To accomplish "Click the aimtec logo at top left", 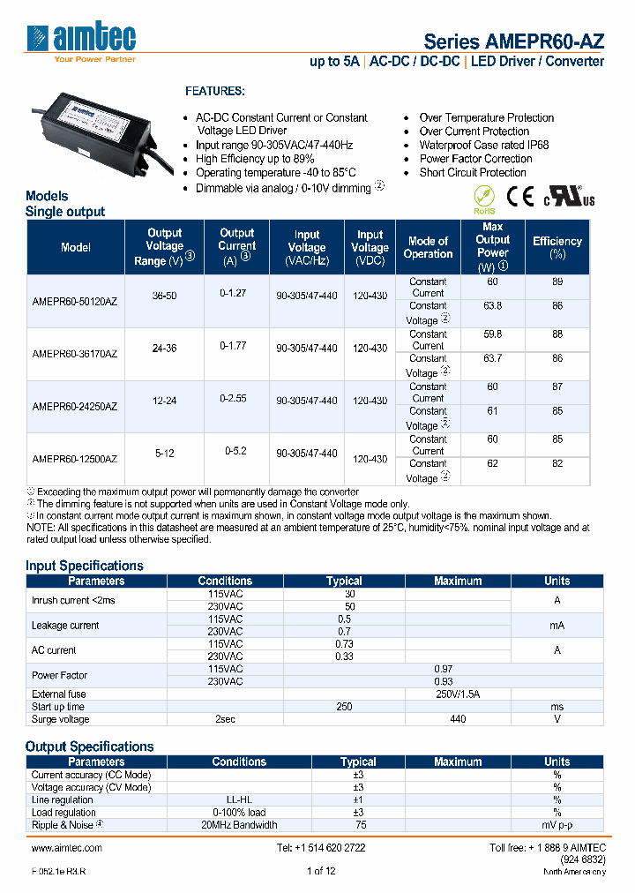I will (x=82, y=40).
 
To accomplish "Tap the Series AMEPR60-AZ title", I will (x=514, y=41).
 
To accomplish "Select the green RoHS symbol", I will (x=484, y=198).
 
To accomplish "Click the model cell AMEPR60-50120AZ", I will (x=75, y=301).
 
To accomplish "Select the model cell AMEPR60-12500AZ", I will (x=75, y=459).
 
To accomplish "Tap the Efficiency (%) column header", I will (x=557, y=247).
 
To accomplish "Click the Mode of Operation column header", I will (x=428, y=247).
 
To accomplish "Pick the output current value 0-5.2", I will (x=235, y=451).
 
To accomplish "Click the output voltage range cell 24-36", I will (x=165, y=349).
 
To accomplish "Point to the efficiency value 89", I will (x=557, y=281).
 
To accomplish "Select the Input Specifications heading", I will (x=85, y=566).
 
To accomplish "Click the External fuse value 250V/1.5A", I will (x=458, y=694).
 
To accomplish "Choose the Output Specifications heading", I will (x=90, y=747).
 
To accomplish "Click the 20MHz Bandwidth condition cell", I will (x=239, y=825).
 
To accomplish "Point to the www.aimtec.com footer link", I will (x=67, y=847).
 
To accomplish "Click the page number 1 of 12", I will (x=321, y=871).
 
